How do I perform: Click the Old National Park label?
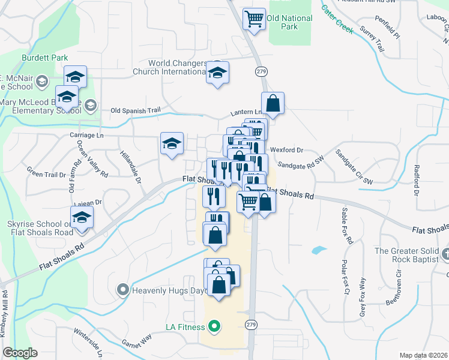(x=290, y=22)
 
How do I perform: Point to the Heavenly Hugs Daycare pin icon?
(x=123, y=291)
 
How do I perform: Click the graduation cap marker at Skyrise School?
(x=81, y=218)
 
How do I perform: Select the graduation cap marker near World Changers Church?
(x=217, y=73)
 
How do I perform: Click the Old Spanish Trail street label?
(x=136, y=110)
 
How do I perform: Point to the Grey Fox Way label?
(x=362, y=297)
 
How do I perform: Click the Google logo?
(x=20, y=353)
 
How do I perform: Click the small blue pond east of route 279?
(x=319, y=249)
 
